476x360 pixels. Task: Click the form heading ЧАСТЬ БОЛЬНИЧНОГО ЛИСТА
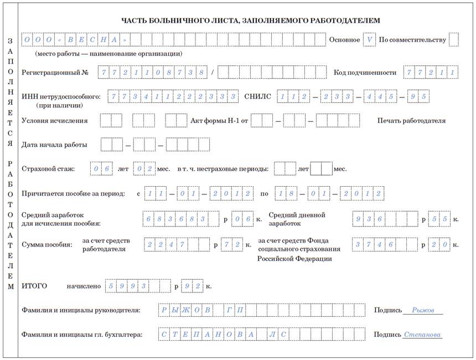[250, 21]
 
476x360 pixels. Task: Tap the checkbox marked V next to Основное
[369, 40]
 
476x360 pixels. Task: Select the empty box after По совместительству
[454, 40]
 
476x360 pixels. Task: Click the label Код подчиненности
[365, 73]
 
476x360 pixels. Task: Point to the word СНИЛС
[258, 96]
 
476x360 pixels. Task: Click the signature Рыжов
[423, 310]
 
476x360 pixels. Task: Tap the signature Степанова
[422, 335]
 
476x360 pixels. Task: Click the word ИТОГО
[34, 286]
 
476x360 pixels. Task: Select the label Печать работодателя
[411, 121]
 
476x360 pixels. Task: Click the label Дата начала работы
[54, 145]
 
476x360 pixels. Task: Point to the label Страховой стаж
[48, 169]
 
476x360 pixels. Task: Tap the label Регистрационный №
[55, 73]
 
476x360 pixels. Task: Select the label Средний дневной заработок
[297, 219]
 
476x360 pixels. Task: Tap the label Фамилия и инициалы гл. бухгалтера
[82, 335]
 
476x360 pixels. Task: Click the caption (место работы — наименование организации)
[108, 54]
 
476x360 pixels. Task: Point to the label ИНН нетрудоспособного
[61, 97]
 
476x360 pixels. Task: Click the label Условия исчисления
[54, 121]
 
